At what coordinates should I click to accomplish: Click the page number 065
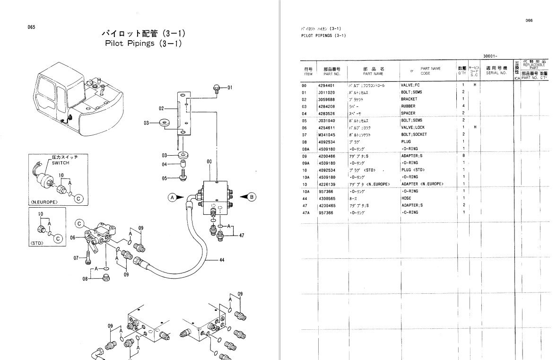31,27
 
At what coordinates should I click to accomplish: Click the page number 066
529,20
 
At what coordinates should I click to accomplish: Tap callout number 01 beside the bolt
230,88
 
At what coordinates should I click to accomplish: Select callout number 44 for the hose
222,260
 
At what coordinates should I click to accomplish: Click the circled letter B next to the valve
252,197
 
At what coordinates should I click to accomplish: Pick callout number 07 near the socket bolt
76,258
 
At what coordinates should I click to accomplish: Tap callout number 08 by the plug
85,279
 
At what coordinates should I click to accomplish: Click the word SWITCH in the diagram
61,163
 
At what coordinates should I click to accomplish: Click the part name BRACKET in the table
409,99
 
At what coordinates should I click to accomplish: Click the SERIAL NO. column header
496,73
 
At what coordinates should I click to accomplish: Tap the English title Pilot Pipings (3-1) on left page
143,44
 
